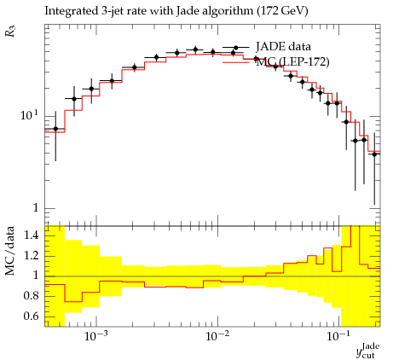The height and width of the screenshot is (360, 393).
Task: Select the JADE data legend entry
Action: [x=267, y=47]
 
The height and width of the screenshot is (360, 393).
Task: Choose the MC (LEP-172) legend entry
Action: [x=276, y=61]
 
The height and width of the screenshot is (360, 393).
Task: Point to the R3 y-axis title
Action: [x=10, y=31]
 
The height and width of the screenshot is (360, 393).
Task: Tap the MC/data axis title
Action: [x=10, y=251]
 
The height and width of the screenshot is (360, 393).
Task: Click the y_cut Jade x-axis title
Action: [x=368, y=351]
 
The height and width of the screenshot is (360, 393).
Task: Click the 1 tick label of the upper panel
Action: [x=35, y=208]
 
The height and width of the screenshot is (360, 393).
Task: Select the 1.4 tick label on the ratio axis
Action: [x=31, y=235]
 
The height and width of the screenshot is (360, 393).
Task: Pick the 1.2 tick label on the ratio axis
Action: [x=31, y=255]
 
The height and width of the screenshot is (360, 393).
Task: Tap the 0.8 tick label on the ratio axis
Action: [x=31, y=295]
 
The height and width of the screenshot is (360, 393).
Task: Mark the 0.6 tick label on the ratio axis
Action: [x=31, y=316]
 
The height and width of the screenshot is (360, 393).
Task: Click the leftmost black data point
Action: [x=55, y=129]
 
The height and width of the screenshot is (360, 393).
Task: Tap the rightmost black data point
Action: [x=374, y=154]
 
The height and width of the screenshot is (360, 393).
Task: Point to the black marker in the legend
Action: [x=236, y=48]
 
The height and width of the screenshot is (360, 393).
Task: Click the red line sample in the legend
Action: [x=236, y=62]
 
